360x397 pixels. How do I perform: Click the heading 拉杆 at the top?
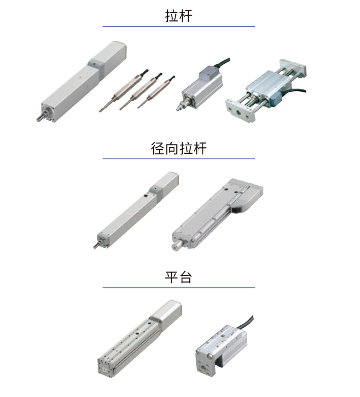[179, 16]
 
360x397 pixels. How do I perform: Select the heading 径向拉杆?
[179, 148]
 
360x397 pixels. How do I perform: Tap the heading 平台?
[179, 277]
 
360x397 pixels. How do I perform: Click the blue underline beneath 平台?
[179, 288]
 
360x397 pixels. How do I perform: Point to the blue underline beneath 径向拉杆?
[179, 159]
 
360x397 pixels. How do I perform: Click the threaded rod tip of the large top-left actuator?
[40, 118]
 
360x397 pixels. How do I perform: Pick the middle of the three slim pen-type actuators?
[140, 92]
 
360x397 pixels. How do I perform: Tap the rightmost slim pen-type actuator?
[156, 92]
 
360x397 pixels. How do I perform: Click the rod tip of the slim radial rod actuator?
[96, 246]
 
